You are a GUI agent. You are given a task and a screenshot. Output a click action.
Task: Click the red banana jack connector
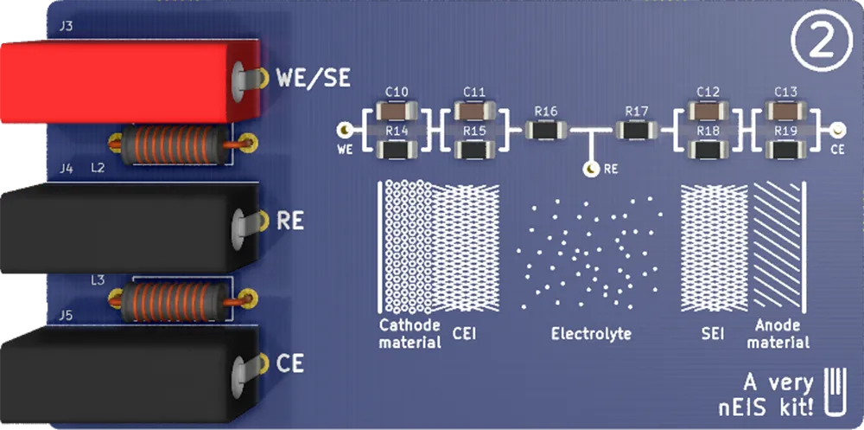click(x=121, y=82)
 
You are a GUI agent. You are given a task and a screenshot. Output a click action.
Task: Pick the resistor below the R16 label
click(x=546, y=131)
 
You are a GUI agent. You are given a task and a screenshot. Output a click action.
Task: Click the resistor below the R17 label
click(x=637, y=131)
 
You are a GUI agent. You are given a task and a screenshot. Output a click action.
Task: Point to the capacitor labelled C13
click(x=785, y=111)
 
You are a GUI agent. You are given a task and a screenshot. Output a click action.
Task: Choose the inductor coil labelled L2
click(x=169, y=144)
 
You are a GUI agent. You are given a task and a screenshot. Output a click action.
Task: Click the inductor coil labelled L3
click(x=169, y=300)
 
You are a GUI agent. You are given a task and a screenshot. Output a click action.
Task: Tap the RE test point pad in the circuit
click(x=592, y=170)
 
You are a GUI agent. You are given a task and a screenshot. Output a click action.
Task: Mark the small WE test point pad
click(x=345, y=131)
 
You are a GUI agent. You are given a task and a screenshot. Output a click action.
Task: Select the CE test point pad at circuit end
click(x=836, y=131)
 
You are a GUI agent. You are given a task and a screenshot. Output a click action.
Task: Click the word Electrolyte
click(x=591, y=334)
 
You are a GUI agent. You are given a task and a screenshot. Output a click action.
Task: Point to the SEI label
click(x=713, y=334)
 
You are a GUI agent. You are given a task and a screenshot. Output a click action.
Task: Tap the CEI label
click(x=465, y=334)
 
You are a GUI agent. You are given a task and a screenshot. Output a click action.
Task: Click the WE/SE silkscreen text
click(x=313, y=78)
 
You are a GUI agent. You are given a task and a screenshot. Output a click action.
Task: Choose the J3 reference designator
click(x=66, y=27)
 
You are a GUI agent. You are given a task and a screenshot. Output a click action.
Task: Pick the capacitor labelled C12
click(x=708, y=111)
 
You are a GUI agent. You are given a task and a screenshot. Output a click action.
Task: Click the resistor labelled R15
click(x=474, y=151)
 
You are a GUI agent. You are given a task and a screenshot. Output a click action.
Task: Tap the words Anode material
click(x=778, y=334)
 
